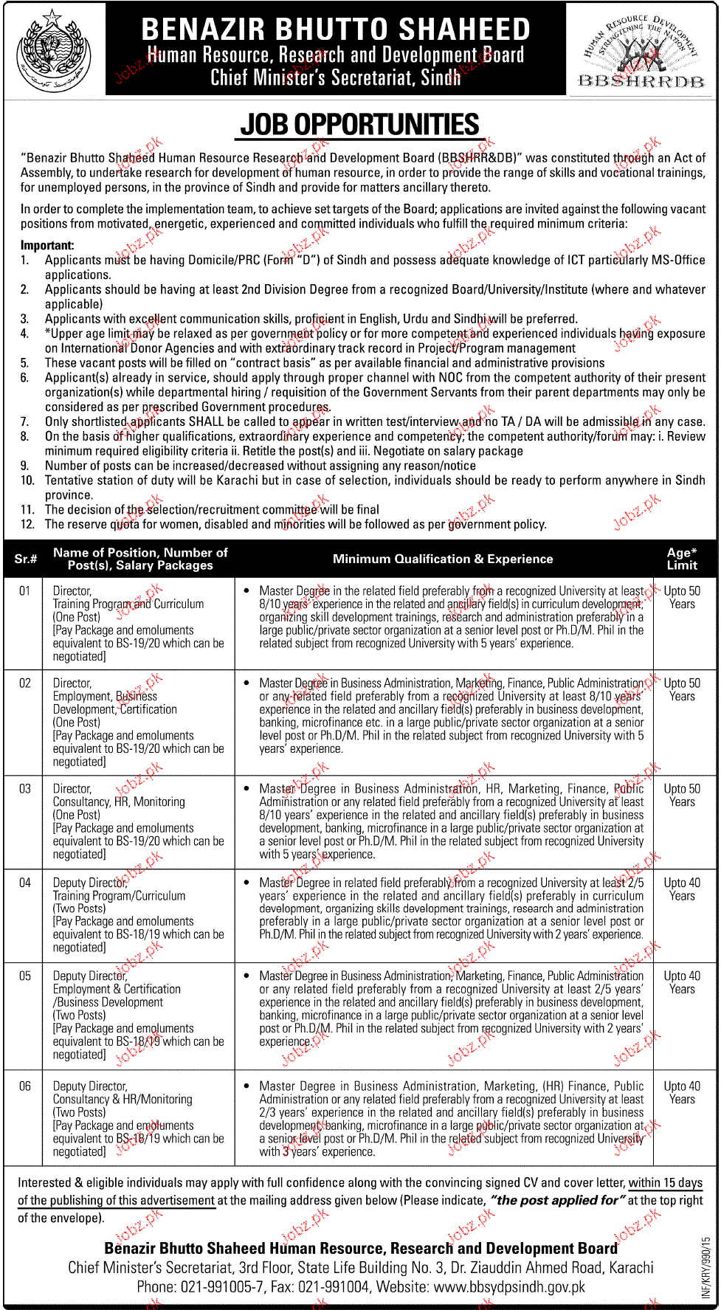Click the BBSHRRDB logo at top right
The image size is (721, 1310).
[641, 50]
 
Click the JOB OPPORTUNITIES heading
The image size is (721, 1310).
[359, 125]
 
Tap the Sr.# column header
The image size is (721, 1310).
[25, 559]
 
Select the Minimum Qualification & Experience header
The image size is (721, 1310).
[443, 559]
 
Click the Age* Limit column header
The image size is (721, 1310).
[682, 559]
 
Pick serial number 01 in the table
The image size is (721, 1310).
[25, 591]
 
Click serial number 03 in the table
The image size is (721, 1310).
[25, 789]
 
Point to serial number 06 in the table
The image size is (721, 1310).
[25, 1086]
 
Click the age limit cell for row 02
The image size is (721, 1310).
[682, 689]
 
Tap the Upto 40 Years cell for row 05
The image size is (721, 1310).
[682, 982]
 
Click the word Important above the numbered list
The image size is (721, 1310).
[47, 245]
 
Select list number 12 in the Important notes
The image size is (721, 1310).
[27, 524]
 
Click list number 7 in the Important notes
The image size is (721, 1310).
[24, 421]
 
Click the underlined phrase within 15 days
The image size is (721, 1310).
[666, 1182]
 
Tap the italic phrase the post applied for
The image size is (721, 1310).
[557, 1200]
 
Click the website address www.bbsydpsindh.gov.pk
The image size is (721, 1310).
[509, 1286]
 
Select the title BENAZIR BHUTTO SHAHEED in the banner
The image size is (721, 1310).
[336, 29]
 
